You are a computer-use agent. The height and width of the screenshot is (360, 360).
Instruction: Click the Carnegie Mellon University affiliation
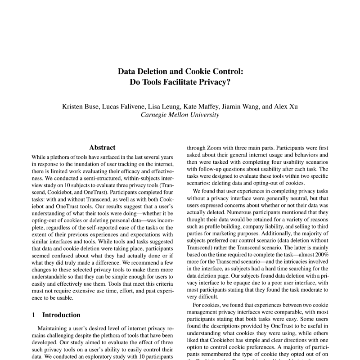[x=180, y=115]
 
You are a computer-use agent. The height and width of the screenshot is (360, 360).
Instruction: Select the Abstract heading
[x=102, y=147]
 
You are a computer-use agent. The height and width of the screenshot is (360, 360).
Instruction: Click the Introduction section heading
[x=60, y=315]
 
